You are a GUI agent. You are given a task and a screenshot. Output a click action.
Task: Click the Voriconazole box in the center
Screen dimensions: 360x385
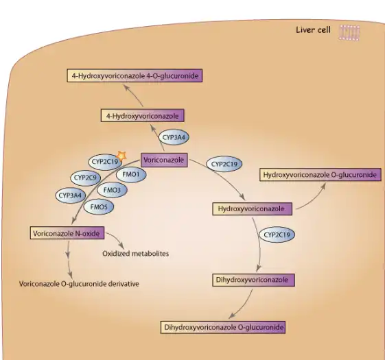[164, 159]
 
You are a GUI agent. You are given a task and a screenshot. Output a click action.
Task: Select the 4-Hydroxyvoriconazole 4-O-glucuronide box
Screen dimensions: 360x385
[135, 75]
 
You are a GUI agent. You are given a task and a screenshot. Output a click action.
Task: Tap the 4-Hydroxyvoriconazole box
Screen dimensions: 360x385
[142, 116]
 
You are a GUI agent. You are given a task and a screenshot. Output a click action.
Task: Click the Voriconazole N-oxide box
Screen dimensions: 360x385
[67, 233]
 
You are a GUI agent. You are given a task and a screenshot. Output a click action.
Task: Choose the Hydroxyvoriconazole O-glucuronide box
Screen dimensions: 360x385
[319, 175]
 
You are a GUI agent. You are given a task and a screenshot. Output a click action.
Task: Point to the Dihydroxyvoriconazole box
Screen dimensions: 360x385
[252, 280]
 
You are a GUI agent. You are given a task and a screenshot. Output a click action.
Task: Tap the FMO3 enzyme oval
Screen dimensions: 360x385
[112, 190]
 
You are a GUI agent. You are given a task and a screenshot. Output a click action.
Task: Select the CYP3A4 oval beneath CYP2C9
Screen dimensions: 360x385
[71, 195]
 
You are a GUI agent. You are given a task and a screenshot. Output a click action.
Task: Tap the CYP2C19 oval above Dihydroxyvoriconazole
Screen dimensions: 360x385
[278, 235]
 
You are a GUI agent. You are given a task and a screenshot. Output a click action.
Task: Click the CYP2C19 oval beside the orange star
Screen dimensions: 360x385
[104, 163]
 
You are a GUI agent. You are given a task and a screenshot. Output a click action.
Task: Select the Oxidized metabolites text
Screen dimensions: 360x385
[135, 254]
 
